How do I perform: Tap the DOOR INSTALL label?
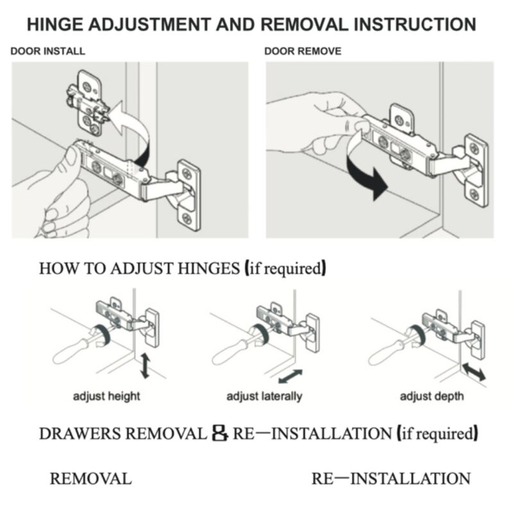47,51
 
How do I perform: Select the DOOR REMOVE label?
303,51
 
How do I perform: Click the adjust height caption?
106,396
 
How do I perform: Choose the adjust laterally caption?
264,396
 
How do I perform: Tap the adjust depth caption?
432,396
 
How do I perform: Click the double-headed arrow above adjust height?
145,366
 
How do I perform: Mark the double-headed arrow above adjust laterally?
290,376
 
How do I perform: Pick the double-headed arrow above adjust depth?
474,371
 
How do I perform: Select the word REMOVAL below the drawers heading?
91,478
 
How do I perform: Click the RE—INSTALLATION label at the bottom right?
391,478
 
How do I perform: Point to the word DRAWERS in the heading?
80,434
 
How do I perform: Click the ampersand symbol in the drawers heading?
219,433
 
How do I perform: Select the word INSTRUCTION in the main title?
415,24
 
